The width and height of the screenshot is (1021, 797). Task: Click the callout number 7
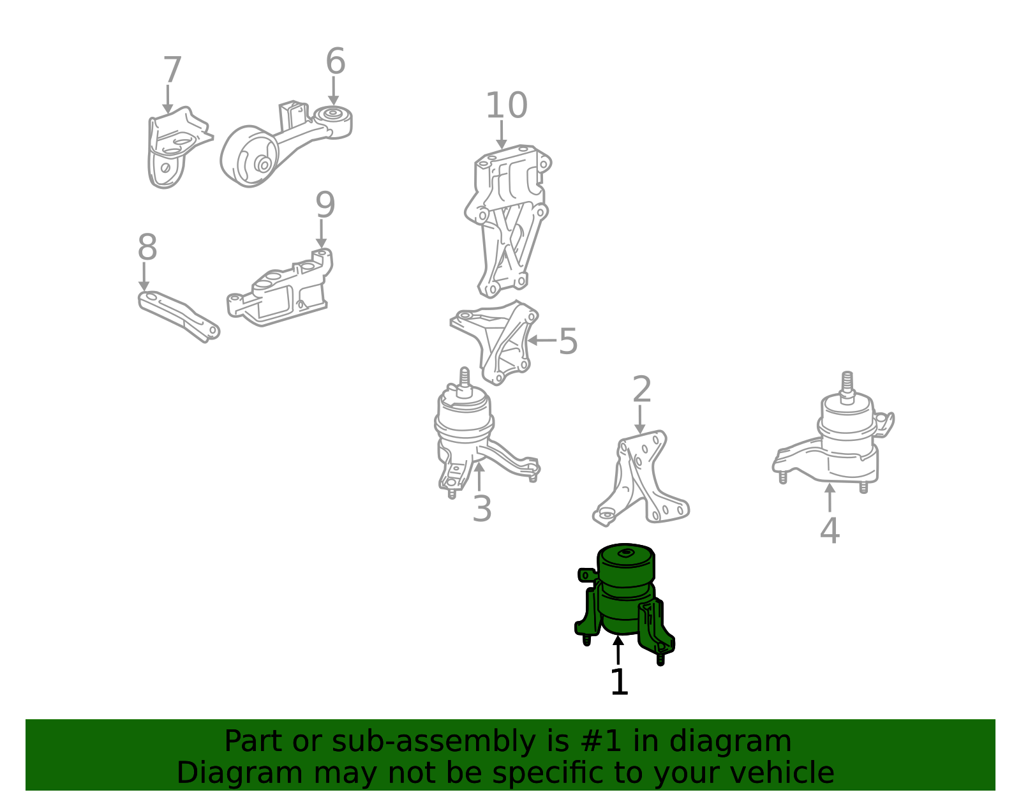click(x=172, y=70)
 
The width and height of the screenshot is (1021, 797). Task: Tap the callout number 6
click(x=336, y=61)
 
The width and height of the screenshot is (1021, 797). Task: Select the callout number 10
click(x=507, y=105)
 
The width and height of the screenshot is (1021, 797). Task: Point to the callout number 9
click(x=325, y=205)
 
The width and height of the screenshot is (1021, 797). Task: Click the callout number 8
click(x=147, y=247)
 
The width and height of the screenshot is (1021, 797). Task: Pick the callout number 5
click(x=568, y=341)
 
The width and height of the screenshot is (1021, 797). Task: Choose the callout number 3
click(x=482, y=509)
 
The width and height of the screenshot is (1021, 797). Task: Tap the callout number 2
click(x=642, y=389)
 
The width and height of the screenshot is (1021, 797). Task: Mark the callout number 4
click(x=830, y=530)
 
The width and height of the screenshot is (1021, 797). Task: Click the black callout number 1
click(x=619, y=682)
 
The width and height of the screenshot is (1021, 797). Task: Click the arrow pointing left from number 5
click(x=542, y=340)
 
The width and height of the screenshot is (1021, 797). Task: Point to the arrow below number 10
click(x=502, y=135)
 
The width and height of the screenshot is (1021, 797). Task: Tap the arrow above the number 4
click(x=830, y=497)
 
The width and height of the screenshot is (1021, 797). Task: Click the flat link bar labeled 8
click(x=179, y=316)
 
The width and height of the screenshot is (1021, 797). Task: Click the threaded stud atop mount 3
click(x=465, y=382)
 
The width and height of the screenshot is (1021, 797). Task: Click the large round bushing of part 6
click(x=250, y=156)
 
